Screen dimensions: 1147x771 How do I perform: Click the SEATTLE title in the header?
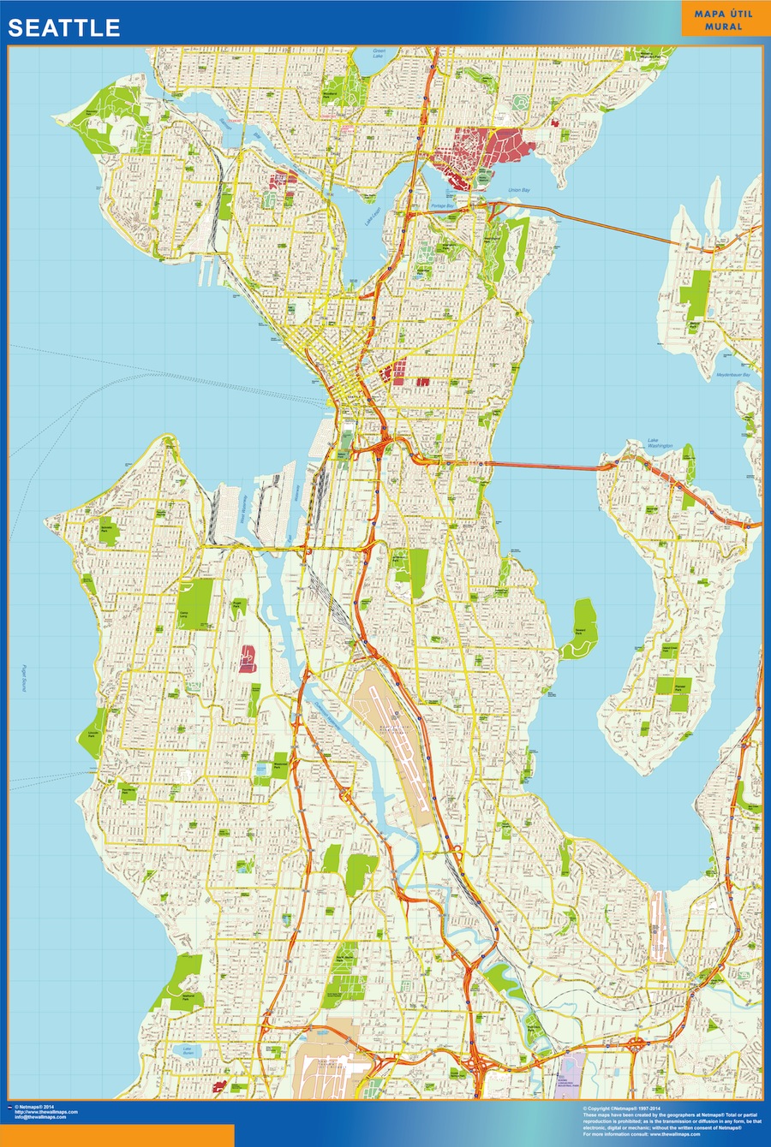point(64,27)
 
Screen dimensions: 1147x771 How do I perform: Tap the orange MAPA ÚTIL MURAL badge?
point(723,20)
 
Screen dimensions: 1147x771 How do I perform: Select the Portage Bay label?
point(443,206)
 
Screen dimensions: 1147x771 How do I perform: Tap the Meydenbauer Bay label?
point(733,375)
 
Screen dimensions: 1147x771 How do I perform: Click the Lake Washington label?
point(660,444)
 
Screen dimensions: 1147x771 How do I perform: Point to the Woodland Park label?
point(331,84)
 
